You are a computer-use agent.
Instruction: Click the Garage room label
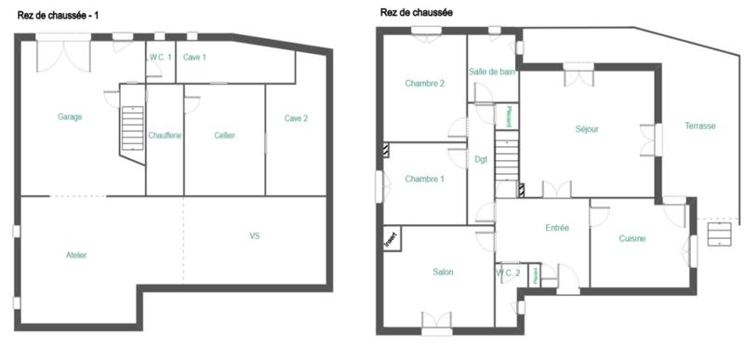click(x=70, y=117)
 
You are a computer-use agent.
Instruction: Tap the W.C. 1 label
click(x=160, y=58)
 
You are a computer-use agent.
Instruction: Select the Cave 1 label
click(x=194, y=58)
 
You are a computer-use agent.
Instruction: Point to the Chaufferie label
click(x=165, y=136)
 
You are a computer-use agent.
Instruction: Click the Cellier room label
click(x=224, y=136)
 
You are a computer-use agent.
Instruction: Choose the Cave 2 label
click(x=296, y=118)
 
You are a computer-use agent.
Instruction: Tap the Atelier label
click(x=76, y=255)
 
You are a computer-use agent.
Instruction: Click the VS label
click(x=255, y=236)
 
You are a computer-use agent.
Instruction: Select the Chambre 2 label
click(x=424, y=84)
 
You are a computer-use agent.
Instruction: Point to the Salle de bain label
click(x=492, y=72)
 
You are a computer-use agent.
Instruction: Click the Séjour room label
click(x=587, y=128)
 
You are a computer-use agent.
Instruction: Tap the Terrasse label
click(x=699, y=126)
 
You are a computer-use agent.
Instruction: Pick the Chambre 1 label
click(x=424, y=179)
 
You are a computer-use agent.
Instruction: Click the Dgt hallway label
click(x=481, y=159)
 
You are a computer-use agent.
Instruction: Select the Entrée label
click(x=557, y=228)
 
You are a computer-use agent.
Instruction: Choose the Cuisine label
click(x=632, y=239)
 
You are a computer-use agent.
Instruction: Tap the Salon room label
click(x=443, y=272)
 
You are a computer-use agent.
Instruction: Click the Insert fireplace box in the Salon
click(x=391, y=240)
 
